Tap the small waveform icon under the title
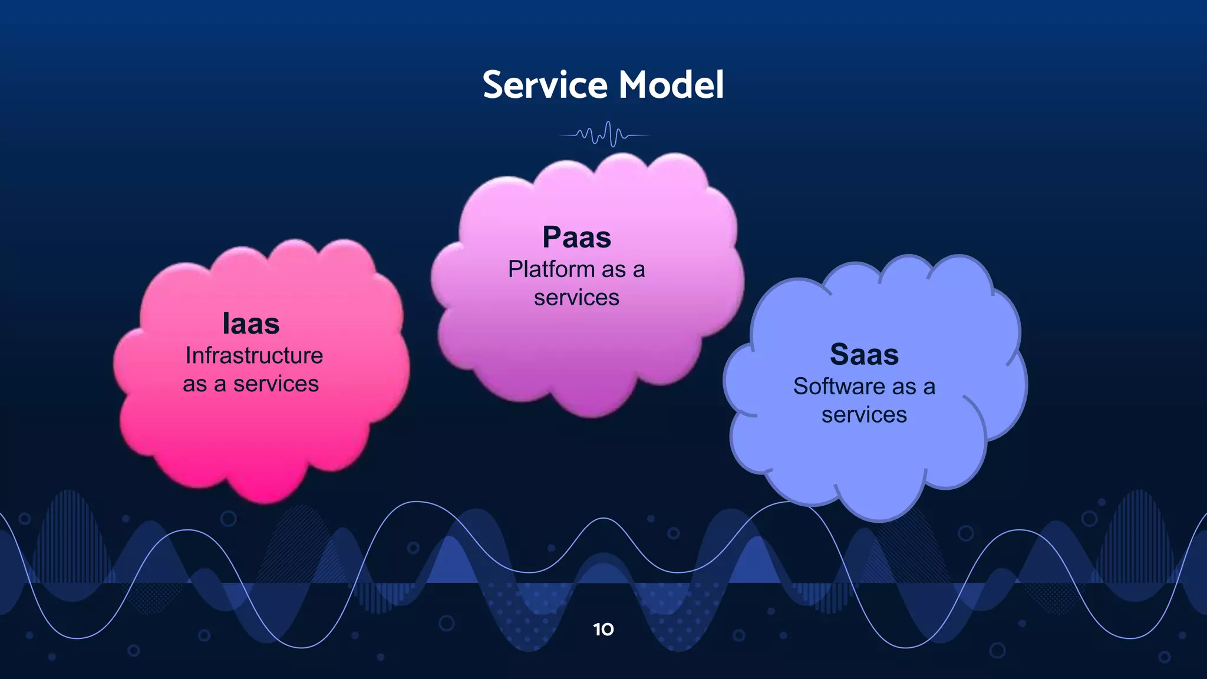605,134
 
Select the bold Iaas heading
250,324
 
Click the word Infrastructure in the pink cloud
254,355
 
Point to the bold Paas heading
576,238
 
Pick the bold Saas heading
864,354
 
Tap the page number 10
603,629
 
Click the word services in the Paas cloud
576,298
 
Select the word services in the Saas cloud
864,415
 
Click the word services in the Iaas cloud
276,384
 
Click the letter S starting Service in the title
493,85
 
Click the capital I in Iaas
226,324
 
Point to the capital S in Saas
840,354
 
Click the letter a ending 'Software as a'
929,387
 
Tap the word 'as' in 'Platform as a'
614,270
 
